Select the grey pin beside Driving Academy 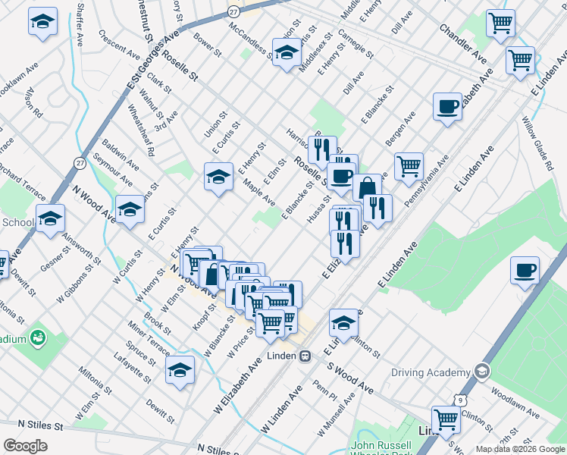pyautogui.click(x=480, y=372)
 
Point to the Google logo pyautogui.click(x=25, y=445)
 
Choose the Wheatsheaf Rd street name pyautogui.click(x=142, y=134)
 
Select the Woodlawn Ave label pyautogui.click(x=515, y=405)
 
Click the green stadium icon pyautogui.click(x=38, y=337)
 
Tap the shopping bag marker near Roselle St pyautogui.click(x=367, y=187)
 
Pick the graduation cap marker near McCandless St pyautogui.click(x=286, y=53)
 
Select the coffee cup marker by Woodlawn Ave pyautogui.click(x=525, y=270)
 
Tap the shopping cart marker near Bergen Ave pyautogui.click(x=409, y=165)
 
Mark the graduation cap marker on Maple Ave pyautogui.click(x=218, y=177)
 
